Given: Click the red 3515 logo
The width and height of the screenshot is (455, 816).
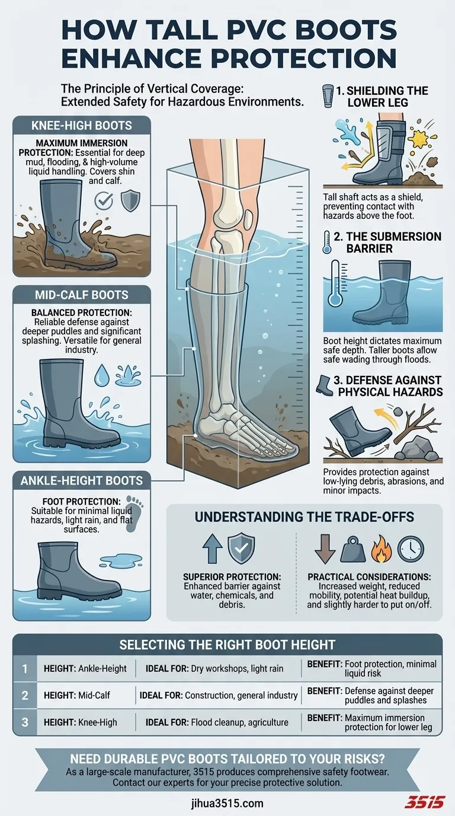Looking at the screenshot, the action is click(x=425, y=802).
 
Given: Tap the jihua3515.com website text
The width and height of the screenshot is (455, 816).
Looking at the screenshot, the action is click(x=227, y=803).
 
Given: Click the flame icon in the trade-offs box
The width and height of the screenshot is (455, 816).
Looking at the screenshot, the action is click(x=381, y=549).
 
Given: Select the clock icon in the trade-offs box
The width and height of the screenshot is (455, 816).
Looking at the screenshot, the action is click(x=411, y=549).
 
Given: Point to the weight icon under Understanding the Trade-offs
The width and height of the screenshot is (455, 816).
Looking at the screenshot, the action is click(x=353, y=549).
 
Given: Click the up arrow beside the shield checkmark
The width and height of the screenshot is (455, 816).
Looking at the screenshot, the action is click(x=212, y=549).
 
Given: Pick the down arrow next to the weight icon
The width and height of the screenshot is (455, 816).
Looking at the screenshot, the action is click(x=325, y=549).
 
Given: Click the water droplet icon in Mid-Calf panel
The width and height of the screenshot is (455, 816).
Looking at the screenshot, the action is click(x=101, y=375).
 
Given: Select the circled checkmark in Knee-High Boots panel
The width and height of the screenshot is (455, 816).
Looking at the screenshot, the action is click(x=104, y=200).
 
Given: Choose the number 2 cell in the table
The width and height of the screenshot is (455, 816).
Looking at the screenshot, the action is click(x=25, y=695).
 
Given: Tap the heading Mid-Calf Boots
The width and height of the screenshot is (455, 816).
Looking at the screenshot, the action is click(x=82, y=295).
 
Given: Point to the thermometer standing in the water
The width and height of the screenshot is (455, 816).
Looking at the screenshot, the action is click(x=335, y=283).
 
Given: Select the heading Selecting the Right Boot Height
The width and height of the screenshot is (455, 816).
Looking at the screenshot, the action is click(x=227, y=645).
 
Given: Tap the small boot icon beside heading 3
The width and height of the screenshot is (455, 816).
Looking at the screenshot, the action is click(x=324, y=385).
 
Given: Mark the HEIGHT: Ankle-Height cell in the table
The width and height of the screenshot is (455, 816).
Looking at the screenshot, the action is click(x=85, y=668).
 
